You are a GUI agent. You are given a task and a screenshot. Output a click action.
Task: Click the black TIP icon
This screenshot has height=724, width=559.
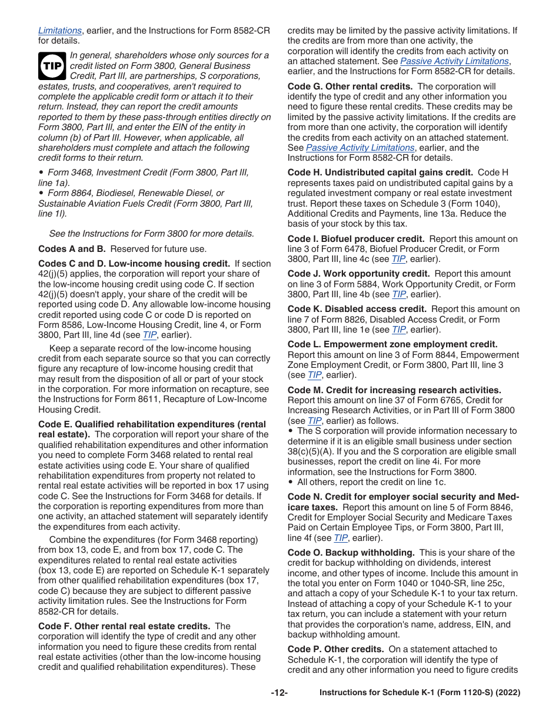click(52, 66)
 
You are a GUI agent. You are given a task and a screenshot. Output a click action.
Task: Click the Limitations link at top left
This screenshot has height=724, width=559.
click(60, 31)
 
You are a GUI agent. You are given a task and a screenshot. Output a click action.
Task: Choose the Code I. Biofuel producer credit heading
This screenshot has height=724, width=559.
click(356, 239)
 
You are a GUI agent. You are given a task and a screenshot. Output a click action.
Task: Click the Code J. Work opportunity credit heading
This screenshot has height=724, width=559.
click(359, 274)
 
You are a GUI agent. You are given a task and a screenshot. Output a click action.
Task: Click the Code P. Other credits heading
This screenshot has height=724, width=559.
click(335, 649)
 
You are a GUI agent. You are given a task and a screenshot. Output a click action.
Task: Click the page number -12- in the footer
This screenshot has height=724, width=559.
click(279, 693)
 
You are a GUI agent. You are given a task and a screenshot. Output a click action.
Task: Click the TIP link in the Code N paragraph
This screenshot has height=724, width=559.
click(340, 538)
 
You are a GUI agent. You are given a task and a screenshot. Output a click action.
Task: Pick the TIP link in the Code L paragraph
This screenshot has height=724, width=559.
click(314, 375)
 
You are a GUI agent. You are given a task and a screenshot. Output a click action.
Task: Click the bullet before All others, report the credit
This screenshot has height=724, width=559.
click(290, 482)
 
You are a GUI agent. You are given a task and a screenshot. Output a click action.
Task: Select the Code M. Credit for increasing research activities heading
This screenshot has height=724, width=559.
click(394, 390)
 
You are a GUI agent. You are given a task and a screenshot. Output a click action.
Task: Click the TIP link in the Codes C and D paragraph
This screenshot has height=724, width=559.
click(149, 335)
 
